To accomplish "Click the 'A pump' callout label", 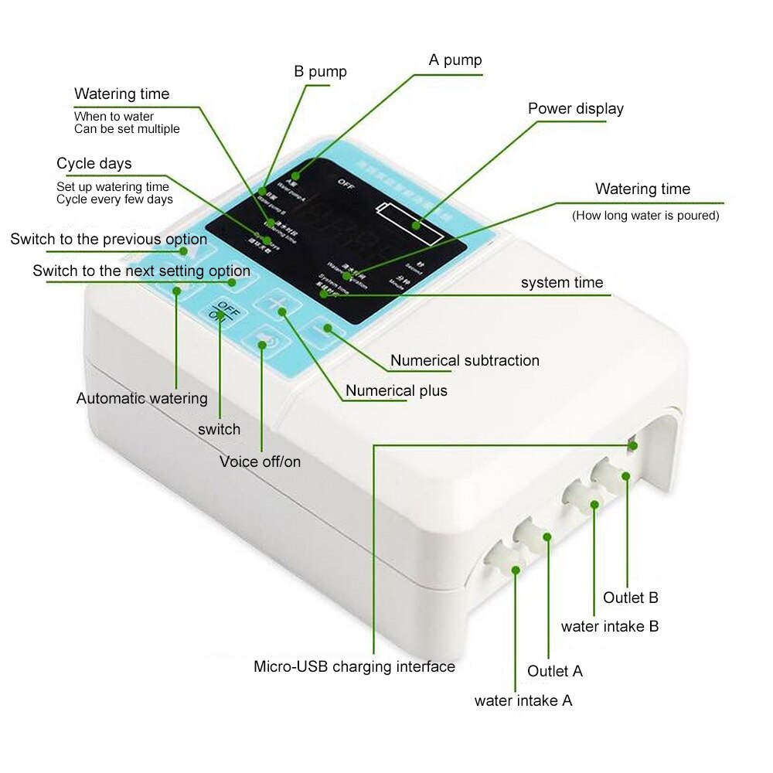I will pyautogui.click(x=455, y=60).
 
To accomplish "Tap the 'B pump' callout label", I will pyautogui.click(x=320, y=72).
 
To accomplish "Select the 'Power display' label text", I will pyautogui.click(x=575, y=109).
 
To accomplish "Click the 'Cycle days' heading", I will pyautogui.click(x=94, y=164).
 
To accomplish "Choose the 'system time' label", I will pyautogui.click(x=561, y=283).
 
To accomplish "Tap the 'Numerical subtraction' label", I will pyautogui.click(x=465, y=360).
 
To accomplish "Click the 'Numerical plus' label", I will pyautogui.click(x=396, y=391).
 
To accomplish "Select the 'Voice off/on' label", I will pyautogui.click(x=260, y=462).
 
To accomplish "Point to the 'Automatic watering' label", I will pyautogui.click(x=141, y=399).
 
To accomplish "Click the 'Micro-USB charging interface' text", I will pyautogui.click(x=354, y=666).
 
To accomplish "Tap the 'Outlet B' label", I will pyautogui.click(x=631, y=598).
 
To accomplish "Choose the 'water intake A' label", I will pyautogui.click(x=523, y=701).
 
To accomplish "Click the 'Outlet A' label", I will pyautogui.click(x=554, y=671).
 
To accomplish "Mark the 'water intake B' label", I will pyautogui.click(x=609, y=626).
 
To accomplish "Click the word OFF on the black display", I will pyautogui.click(x=346, y=182).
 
